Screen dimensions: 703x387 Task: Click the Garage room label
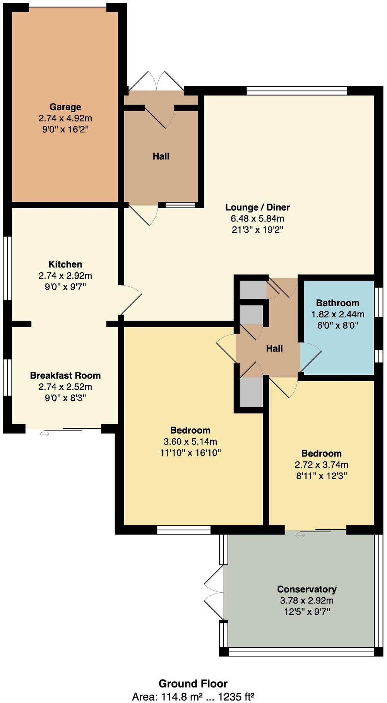point(65,107)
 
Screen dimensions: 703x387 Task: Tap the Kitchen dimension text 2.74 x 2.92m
point(65,276)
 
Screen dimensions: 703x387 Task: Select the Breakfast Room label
point(65,375)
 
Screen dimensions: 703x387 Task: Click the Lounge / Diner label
point(257,207)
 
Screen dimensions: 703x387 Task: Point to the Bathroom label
point(337,303)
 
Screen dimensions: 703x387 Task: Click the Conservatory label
point(307,589)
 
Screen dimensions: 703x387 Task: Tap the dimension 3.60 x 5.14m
point(190,441)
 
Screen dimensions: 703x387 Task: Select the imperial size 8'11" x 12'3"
point(321,476)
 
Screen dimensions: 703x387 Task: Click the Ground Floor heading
point(193,683)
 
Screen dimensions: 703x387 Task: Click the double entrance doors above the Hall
point(156,81)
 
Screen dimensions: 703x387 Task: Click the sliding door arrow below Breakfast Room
point(44,434)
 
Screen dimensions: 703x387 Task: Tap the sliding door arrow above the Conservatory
point(300,535)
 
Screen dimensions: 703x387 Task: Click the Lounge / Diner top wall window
point(297,91)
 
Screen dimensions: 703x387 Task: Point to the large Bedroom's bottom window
point(184,530)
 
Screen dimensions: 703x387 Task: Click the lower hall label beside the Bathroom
point(274,348)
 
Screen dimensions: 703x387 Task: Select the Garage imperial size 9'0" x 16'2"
point(65,129)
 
